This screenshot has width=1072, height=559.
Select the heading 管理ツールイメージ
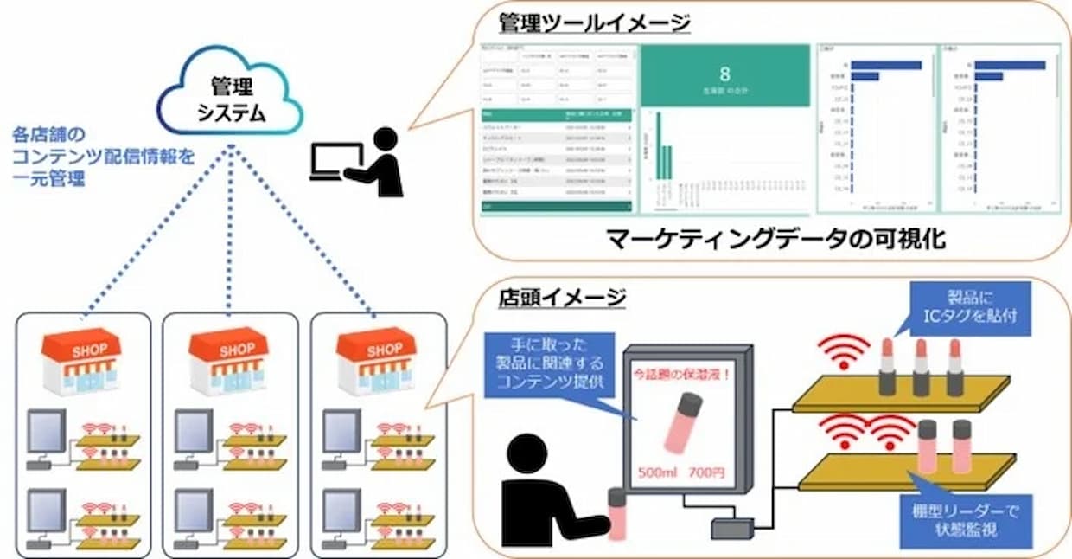click(594, 22)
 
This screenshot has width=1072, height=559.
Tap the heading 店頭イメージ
click(562, 299)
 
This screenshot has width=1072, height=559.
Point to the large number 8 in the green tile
click(724, 74)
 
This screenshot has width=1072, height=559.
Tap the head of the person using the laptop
click(385, 139)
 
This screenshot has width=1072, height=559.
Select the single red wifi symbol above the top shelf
click(843, 350)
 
